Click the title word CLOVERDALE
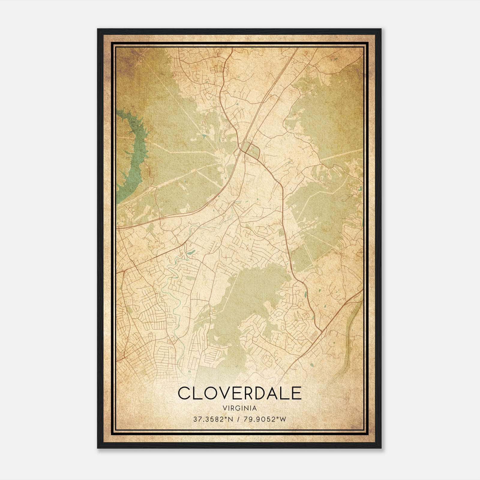pyautogui.click(x=240, y=393)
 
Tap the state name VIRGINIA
pyautogui.click(x=240, y=408)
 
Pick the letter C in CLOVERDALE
pyautogui.click(x=184, y=393)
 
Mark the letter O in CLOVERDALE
pyautogui.click(x=207, y=393)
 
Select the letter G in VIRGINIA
pyautogui.click(x=237, y=408)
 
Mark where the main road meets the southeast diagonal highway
pyautogui.click(x=322, y=331)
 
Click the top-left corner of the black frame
pyautogui.click(x=97, y=29)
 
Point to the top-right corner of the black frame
pyautogui.click(x=381, y=29)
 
